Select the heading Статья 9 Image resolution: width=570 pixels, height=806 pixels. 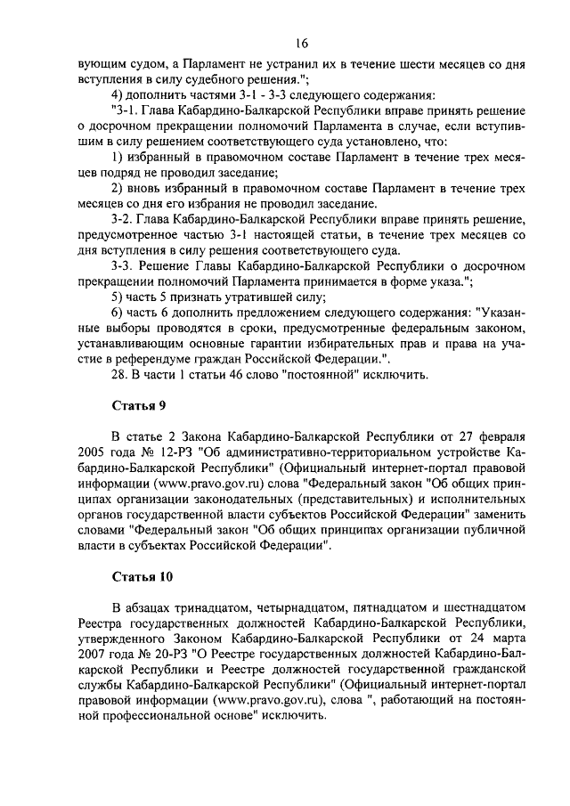pyautogui.click(x=138, y=407)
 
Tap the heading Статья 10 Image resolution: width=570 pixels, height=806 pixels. pyautogui.click(x=142, y=576)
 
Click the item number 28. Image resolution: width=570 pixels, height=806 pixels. pyautogui.click(x=120, y=373)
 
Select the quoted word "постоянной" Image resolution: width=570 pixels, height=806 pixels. pyautogui.click(x=323, y=373)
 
